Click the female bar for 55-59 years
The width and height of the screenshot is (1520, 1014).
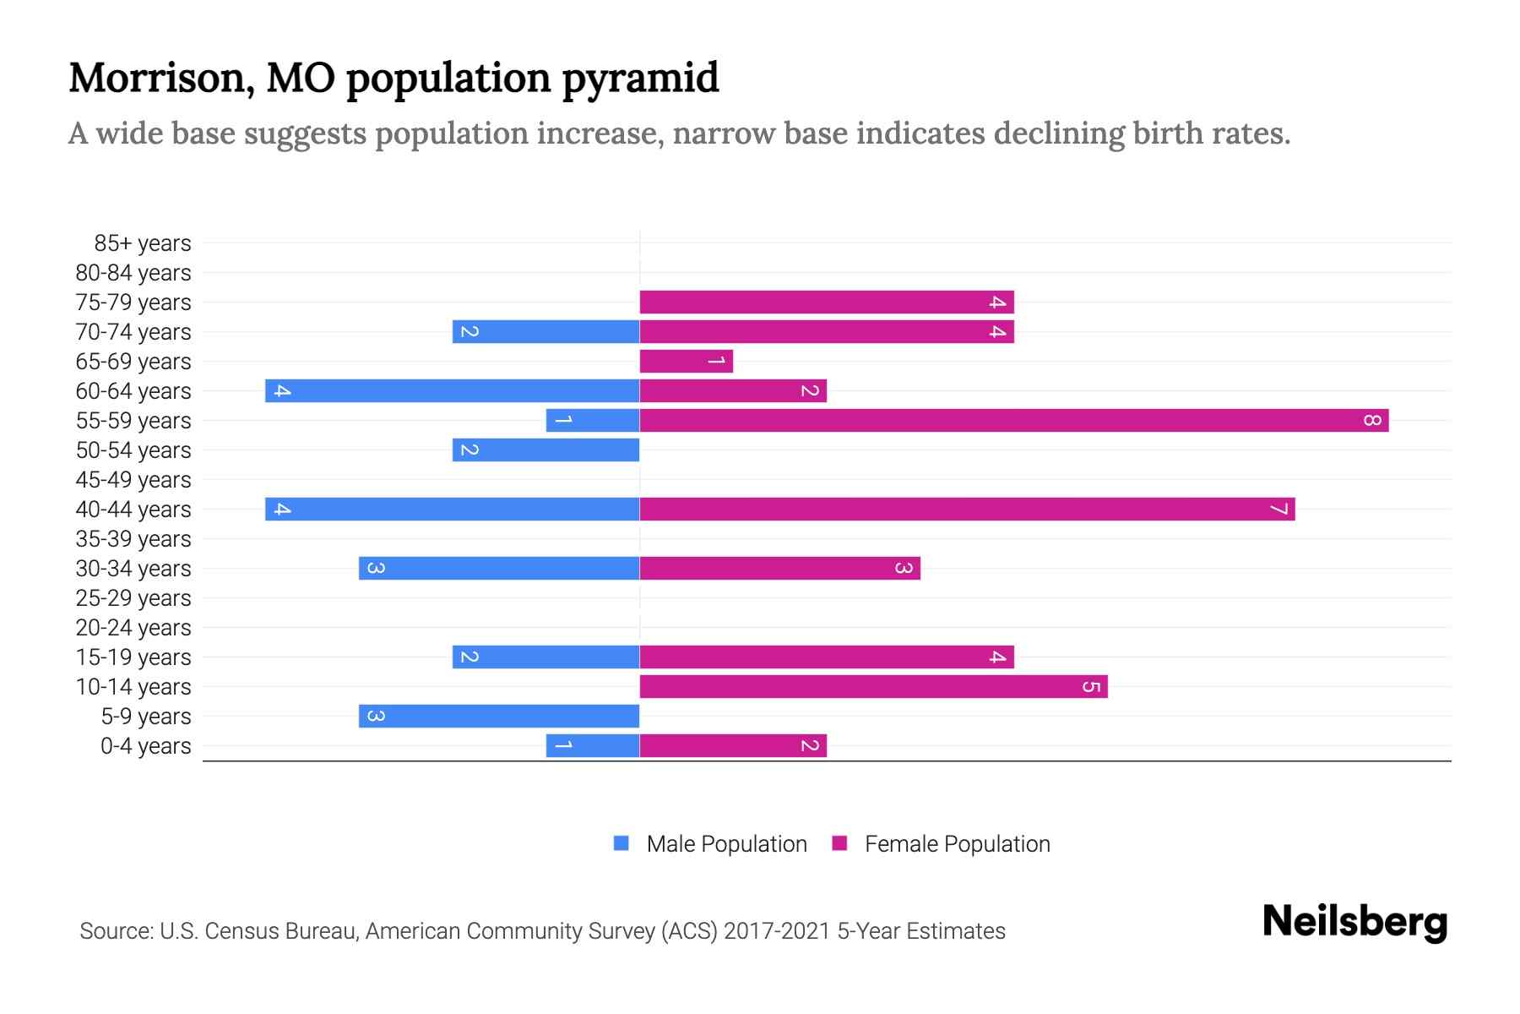coord(1013,420)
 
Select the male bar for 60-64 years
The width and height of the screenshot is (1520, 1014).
coord(452,390)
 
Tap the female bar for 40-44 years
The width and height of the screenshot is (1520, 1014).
coord(967,509)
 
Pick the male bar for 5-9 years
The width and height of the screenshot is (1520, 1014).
coord(498,716)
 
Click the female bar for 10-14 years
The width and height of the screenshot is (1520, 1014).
coord(873,686)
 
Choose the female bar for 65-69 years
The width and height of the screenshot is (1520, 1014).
coord(686,361)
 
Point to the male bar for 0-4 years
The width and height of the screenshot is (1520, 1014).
coord(592,745)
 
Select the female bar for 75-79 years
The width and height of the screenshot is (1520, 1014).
coord(826,302)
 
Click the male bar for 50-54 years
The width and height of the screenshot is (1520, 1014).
coord(546,450)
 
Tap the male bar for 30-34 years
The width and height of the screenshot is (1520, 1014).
coord(498,568)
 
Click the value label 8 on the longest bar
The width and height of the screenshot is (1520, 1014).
coord(1371,420)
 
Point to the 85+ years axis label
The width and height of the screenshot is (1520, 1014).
coord(142,243)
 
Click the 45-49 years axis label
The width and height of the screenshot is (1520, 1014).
coord(133,480)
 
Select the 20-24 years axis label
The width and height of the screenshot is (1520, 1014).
coord(133,628)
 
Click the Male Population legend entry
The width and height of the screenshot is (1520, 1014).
coord(726,844)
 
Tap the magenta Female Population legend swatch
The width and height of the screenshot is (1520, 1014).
coord(839,843)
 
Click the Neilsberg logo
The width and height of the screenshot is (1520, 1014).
coord(1354,922)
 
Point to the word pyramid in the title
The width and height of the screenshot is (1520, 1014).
coord(640,79)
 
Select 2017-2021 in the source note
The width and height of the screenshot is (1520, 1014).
coord(777,931)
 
